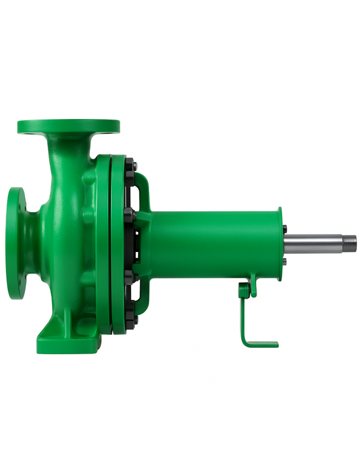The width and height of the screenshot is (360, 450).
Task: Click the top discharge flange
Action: pos(69,125)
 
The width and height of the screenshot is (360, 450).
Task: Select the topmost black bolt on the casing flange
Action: pos(132,166)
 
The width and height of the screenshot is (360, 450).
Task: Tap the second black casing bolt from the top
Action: pos(130,212)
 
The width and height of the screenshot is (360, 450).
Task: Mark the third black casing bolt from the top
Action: pos(130,275)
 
